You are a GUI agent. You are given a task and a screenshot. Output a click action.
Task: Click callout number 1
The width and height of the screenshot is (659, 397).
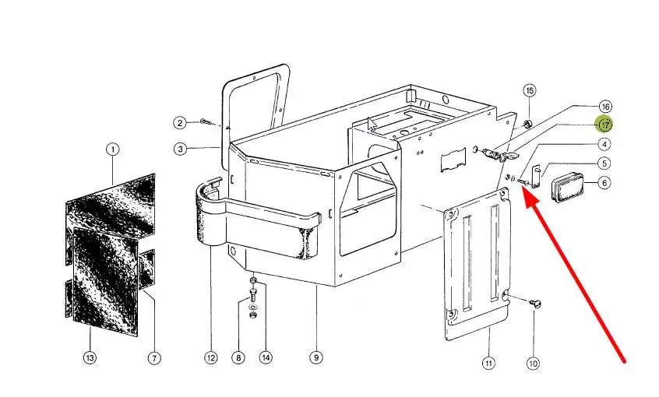(113, 149)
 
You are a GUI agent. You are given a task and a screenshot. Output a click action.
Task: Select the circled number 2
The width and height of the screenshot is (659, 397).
(180, 123)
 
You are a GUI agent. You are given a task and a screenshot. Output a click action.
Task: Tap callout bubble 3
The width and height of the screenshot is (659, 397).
(180, 149)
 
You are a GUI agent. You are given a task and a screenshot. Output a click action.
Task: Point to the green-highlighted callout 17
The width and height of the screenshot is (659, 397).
(605, 125)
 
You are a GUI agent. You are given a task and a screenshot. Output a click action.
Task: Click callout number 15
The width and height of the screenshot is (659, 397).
(530, 91)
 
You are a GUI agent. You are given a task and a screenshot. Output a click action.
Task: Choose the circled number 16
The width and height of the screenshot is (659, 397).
(605, 107)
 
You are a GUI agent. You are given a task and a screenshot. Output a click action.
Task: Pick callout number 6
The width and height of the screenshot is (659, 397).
(604, 183)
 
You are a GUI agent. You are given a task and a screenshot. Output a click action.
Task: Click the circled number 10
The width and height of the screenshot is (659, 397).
(533, 363)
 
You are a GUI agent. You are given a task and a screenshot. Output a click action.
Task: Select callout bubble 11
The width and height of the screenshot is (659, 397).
(488, 363)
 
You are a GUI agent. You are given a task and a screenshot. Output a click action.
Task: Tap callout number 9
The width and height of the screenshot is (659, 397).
(316, 358)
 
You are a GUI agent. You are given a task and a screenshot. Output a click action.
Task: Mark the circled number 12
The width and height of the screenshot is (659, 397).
(211, 358)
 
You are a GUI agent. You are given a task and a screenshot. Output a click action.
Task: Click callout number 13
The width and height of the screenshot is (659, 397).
(90, 358)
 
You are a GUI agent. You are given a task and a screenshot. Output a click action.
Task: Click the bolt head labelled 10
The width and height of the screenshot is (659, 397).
(535, 304)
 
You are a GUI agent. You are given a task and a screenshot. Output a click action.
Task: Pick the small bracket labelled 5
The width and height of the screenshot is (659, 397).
(536, 177)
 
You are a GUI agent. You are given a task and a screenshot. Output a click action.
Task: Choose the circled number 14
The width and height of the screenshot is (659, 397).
(266, 358)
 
